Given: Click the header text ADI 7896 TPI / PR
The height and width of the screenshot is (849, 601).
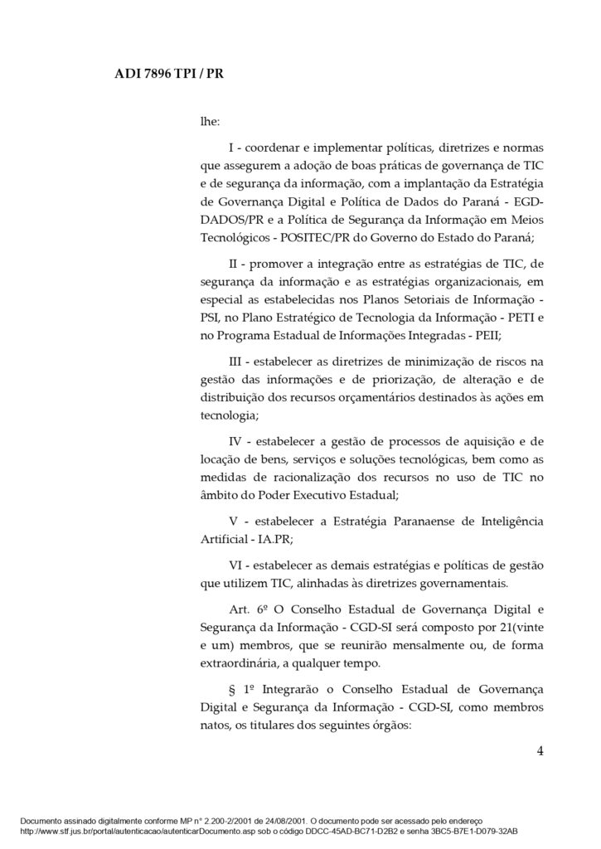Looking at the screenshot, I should click(168, 74).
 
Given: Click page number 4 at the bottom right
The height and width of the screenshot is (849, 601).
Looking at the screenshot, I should click(540, 752).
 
